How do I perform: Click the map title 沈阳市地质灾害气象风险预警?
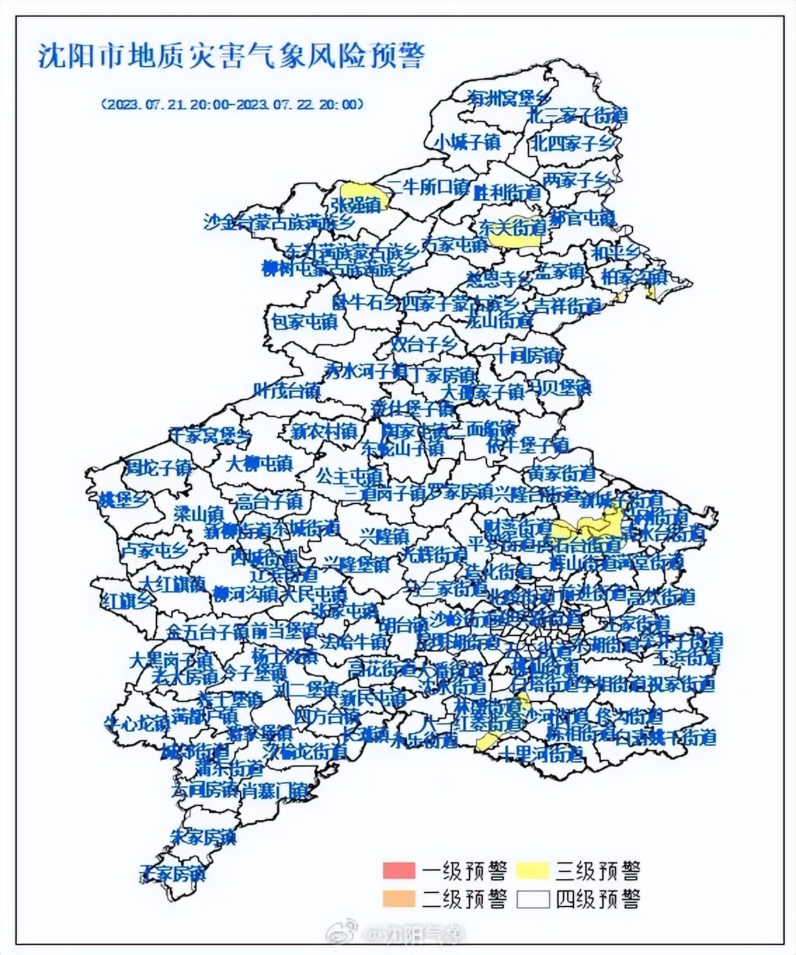tap(231, 55)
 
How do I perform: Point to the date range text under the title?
tap(232, 104)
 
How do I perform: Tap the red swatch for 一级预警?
tap(398, 871)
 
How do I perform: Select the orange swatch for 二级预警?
tap(398, 898)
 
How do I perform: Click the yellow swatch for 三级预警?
tap(531, 871)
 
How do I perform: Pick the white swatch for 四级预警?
tap(531, 898)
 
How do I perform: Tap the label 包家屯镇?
tap(304, 322)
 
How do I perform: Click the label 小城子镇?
tap(467, 142)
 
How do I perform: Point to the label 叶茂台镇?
tap(286, 390)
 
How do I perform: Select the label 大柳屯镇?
tap(260, 463)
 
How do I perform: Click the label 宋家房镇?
tap(204, 837)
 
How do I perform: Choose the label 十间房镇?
tap(528, 355)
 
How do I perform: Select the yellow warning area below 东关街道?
tap(515, 240)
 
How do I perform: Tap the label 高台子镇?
tap(268, 501)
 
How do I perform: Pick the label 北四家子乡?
tap(572, 143)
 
